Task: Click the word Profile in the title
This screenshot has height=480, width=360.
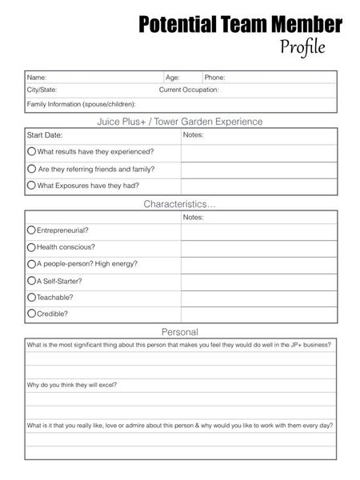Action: tap(302, 47)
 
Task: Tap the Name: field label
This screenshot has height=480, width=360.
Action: tap(37, 78)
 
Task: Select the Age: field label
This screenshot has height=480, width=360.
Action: tap(173, 78)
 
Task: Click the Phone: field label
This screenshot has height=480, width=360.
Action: tap(214, 78)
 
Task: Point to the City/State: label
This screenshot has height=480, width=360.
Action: tap(42, 90)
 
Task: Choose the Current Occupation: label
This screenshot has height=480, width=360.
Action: tap(189, 90)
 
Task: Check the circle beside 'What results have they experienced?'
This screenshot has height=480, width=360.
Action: tap(31, 151)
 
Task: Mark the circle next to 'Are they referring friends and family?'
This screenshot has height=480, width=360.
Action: tap(31, 169)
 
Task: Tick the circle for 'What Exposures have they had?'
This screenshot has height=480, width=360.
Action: tap(31, 186)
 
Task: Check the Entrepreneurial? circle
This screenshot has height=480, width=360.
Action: tap(31, 230)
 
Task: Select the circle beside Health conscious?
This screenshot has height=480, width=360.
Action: tap(31, 247)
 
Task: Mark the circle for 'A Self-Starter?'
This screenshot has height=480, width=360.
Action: tap(31, 281)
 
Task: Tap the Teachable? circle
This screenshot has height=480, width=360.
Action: tap(31, 297)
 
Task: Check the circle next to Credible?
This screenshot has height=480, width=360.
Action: tap(31, 314)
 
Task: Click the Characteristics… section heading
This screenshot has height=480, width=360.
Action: tap(180, 205)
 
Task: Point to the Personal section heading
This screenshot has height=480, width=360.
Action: tap(180, 331)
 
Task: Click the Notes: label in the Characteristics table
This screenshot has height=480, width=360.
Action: tap(194, 217)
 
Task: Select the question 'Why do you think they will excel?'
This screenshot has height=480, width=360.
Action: tap(72, 385)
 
